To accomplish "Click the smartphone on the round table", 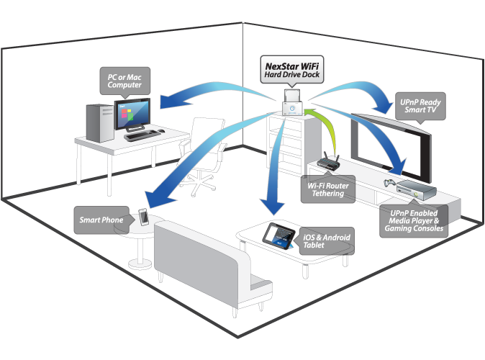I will point(144,217).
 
